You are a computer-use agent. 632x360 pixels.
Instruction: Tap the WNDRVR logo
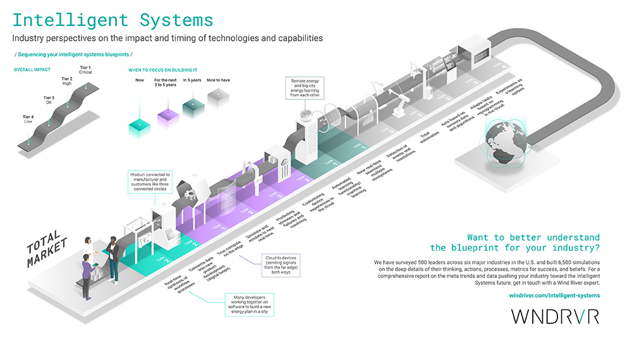pos(554,316)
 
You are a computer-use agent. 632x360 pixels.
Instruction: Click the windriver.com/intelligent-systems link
pos(554,295)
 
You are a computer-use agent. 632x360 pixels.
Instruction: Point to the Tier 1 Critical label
pos(85,69)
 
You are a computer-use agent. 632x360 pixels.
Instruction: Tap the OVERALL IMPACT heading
pos(32,68)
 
